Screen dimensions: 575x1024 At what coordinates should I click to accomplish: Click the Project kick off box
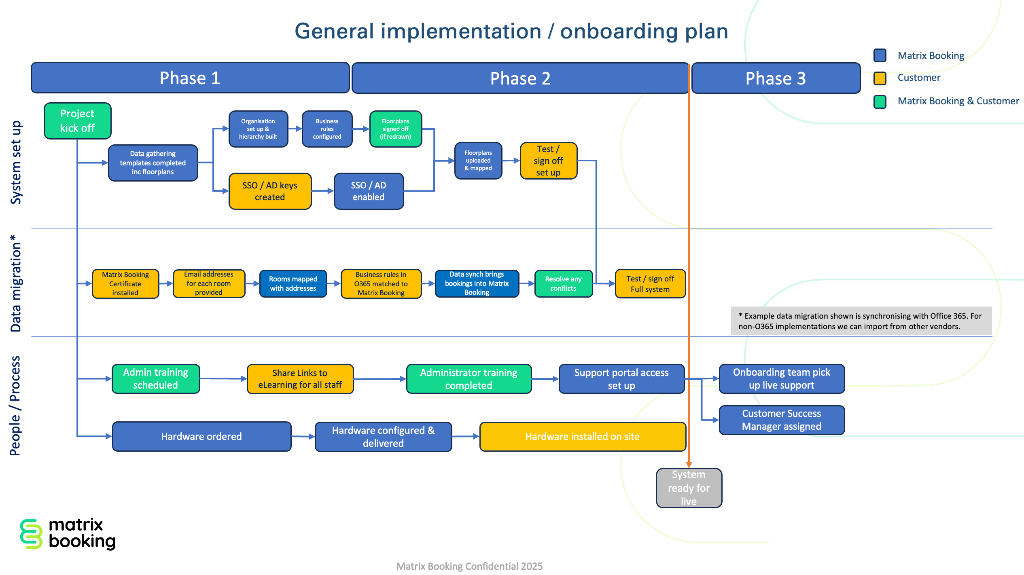77,121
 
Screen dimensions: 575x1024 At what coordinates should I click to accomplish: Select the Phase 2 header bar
520,78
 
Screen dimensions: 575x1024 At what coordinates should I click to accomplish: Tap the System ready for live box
689,488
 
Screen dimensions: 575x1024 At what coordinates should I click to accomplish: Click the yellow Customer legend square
880,78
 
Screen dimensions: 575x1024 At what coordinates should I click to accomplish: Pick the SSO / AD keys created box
270,191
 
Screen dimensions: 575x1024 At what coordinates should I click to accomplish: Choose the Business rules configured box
327,129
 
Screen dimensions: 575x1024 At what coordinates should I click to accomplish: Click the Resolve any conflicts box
563,284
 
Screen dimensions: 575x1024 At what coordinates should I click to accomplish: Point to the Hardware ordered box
201,436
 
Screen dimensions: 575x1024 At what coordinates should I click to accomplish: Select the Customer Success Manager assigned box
781,420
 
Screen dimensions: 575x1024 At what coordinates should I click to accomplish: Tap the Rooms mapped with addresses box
293,284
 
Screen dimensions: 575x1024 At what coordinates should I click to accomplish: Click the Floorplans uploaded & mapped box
478,161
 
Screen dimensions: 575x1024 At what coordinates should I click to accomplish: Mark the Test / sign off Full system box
650,284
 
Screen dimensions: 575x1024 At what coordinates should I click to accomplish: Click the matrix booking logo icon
31,534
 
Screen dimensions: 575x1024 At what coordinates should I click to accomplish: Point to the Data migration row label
15,283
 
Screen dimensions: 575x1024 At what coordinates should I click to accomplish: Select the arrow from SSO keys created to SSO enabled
322,191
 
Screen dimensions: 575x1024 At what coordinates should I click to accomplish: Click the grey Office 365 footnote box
861,321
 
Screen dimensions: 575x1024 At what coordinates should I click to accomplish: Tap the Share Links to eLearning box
300,379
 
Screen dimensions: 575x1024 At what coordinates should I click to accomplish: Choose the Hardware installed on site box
582,436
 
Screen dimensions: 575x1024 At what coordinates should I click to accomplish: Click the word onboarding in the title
619,32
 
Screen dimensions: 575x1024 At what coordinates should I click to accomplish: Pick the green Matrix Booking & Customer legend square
880,101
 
